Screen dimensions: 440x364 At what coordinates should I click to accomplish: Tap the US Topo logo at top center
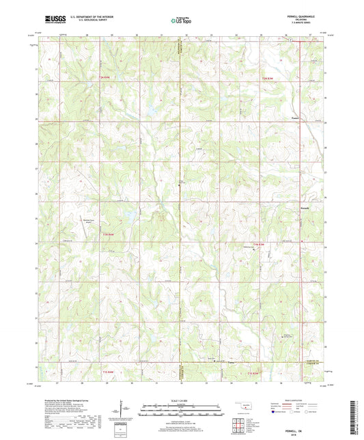[179, 21]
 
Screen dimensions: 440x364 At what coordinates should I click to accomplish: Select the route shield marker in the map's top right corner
[290, 40]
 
